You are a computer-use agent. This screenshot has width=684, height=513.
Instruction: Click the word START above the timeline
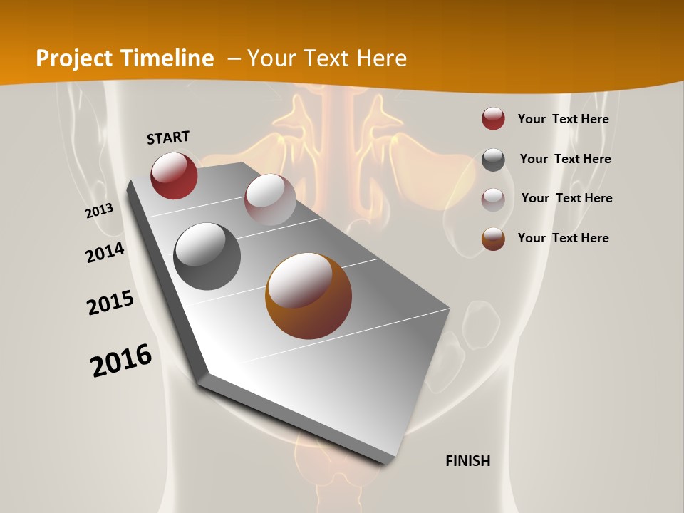(168, 138)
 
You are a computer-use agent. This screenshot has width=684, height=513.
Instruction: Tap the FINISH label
(468, 461)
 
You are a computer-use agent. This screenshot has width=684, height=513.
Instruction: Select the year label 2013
(99, 210)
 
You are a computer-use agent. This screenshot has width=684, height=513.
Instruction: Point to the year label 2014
(105, 253)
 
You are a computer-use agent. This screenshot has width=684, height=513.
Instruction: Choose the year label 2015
(110, 303)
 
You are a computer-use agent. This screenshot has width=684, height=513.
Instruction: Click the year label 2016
(121, 361)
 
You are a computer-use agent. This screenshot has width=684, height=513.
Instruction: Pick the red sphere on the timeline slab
(174, 175)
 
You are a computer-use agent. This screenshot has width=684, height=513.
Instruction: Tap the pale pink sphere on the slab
(270, 199)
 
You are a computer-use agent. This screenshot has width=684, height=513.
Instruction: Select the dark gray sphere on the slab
(207, 256)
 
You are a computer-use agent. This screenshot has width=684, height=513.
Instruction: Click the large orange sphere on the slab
(309, 296)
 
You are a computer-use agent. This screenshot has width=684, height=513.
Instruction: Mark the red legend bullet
(493, 119)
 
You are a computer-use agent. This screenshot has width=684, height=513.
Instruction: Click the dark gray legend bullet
(493, 160)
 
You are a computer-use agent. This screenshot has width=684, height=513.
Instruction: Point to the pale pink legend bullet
(493, 199)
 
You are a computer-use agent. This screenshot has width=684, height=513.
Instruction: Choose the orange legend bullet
(493, 239)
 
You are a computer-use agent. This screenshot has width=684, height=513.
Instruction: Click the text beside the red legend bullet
(563, 119)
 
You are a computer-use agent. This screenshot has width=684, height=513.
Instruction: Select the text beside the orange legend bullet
(563, 238)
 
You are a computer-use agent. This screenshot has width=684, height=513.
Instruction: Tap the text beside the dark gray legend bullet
(565, 159)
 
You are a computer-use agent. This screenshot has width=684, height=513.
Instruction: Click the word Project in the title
(75, 58)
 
